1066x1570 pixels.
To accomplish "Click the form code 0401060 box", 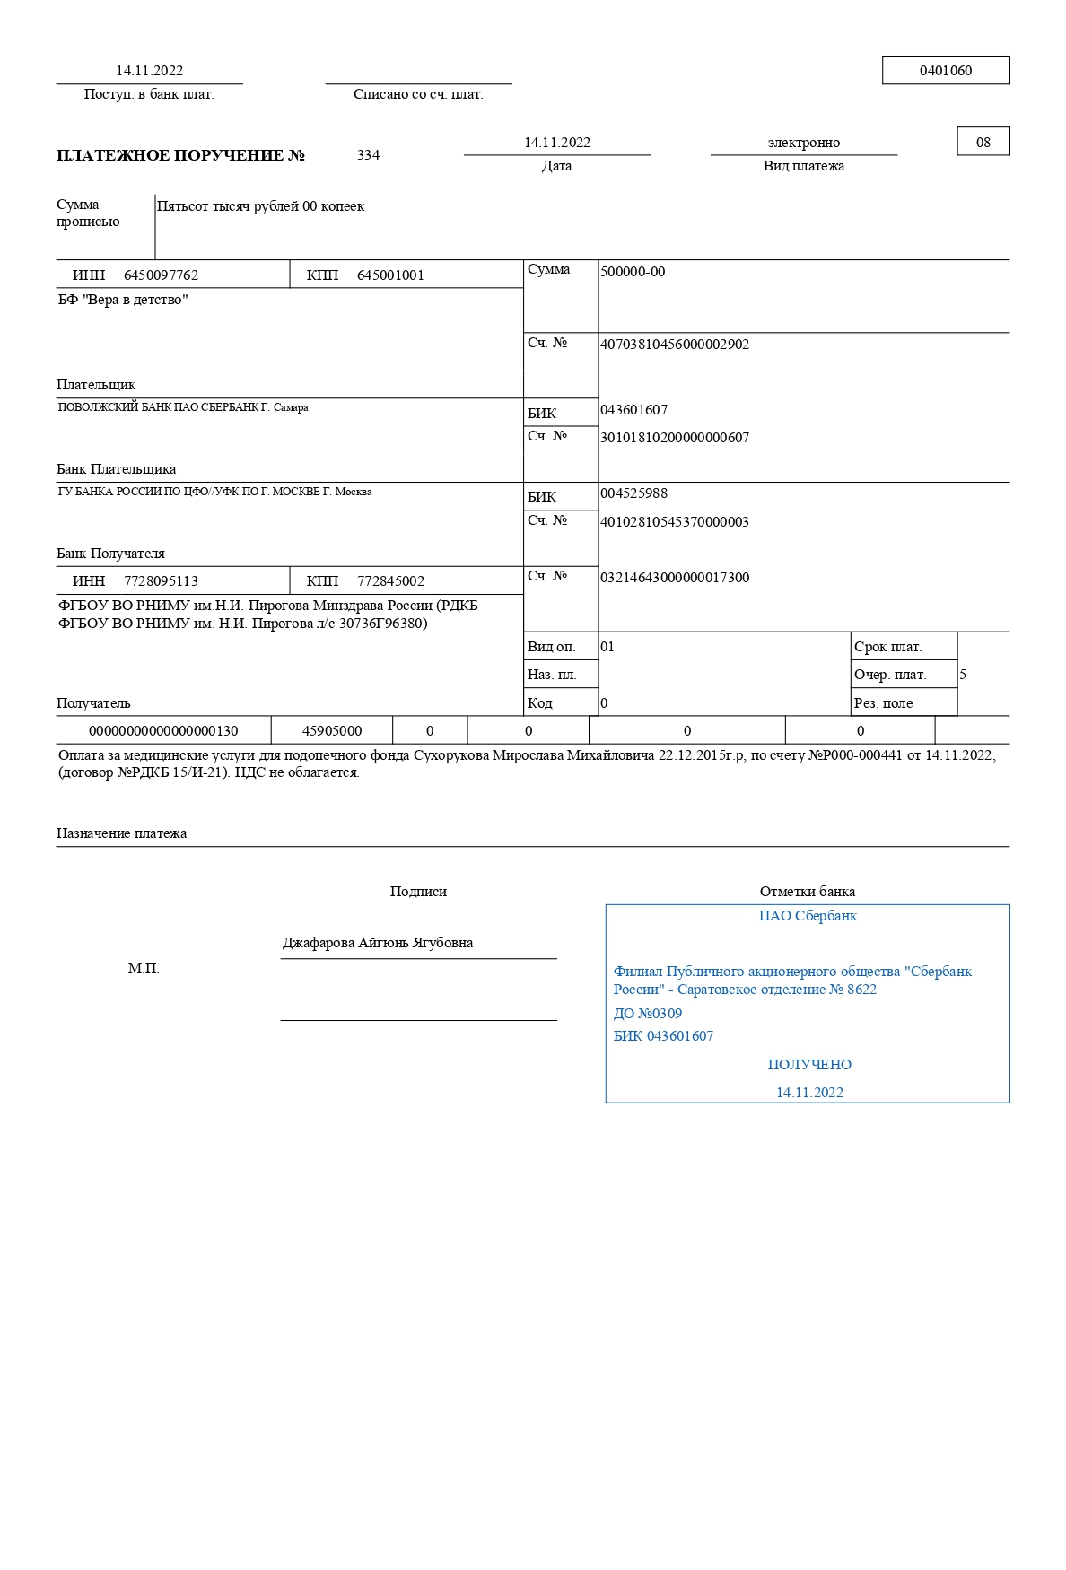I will pos(946,70).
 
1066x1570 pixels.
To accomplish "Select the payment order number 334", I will pos(368,155).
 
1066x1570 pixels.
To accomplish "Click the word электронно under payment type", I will pos(804,143).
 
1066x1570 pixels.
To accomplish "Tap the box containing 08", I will pos(983,142).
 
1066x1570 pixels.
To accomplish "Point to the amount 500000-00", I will pos(633,272).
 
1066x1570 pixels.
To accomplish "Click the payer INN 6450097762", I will pos(161,275).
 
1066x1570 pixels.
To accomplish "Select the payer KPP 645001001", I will pos(390,275).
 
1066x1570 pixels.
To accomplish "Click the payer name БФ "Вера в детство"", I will pos(123,300).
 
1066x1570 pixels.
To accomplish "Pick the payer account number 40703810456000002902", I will pos(675,345).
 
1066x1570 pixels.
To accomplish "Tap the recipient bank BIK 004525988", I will pos(633,493).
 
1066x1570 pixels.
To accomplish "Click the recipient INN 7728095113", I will pos(161,581).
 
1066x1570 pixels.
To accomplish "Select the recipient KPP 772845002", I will pos(390,581).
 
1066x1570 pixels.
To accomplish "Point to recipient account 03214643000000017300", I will pos(675,578).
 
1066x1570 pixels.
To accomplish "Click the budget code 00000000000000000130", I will pos(163,731).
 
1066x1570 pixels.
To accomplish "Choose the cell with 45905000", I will pos(332,731).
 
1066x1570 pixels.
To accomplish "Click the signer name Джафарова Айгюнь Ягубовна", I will pos(378,943).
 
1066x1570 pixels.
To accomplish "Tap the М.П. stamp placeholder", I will pos(144,968).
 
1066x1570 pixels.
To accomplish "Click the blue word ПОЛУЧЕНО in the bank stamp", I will pos(809,1065).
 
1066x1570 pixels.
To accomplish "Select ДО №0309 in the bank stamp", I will pos(648,1014).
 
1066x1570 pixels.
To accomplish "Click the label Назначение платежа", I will pos(121,833).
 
